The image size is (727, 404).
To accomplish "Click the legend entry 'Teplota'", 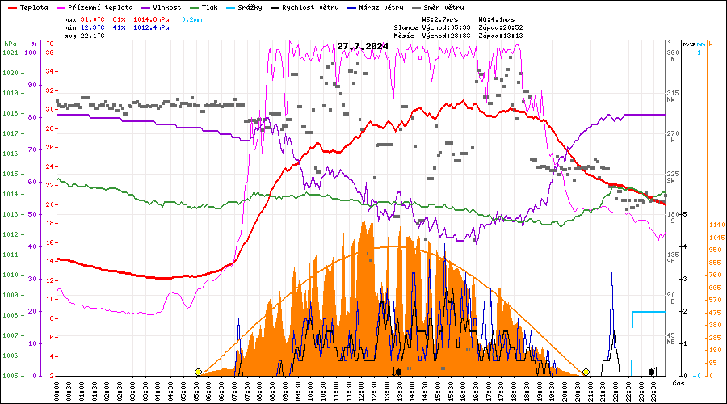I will coord(34,6).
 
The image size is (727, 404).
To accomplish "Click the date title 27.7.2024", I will coord(363,46).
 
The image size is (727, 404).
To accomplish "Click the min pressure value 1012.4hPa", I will coord(151,27).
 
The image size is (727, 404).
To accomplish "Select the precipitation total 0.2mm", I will coord(192,18).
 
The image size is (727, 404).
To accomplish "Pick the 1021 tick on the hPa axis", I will coord(10,53).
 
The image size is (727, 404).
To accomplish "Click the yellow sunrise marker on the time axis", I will coord(198,372).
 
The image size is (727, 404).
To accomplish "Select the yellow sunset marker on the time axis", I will coord(586,372).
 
